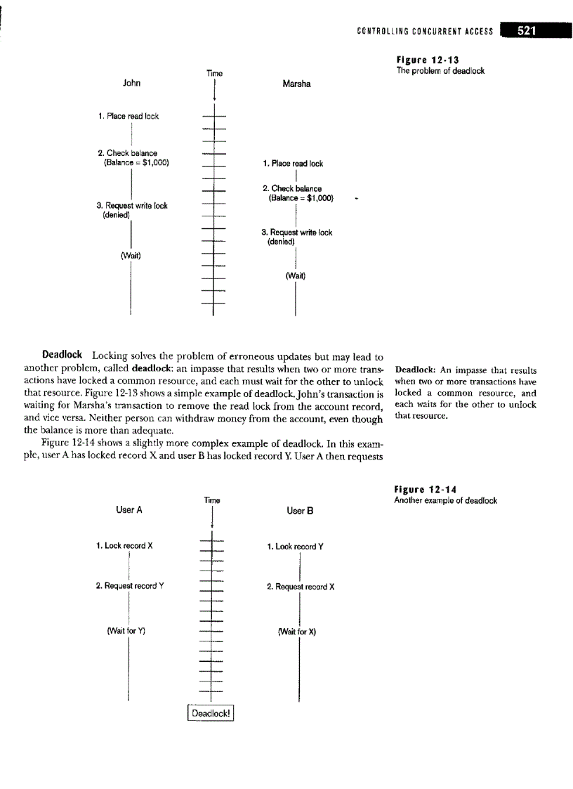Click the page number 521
[532, 30]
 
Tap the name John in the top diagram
[131, 83]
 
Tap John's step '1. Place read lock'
[129, 116]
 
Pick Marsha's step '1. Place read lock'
[293, 164]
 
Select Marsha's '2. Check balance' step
[292, 188]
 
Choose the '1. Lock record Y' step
[296, 546]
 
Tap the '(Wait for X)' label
[298, 631]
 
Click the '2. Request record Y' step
[131, 585]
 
